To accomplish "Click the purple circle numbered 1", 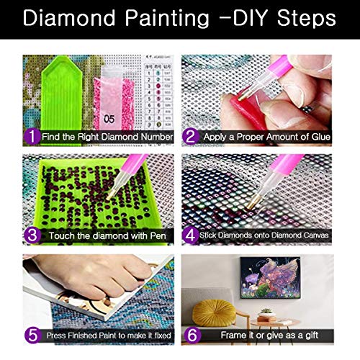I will tap(31, 135).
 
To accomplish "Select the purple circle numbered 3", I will tap(31, 235).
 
